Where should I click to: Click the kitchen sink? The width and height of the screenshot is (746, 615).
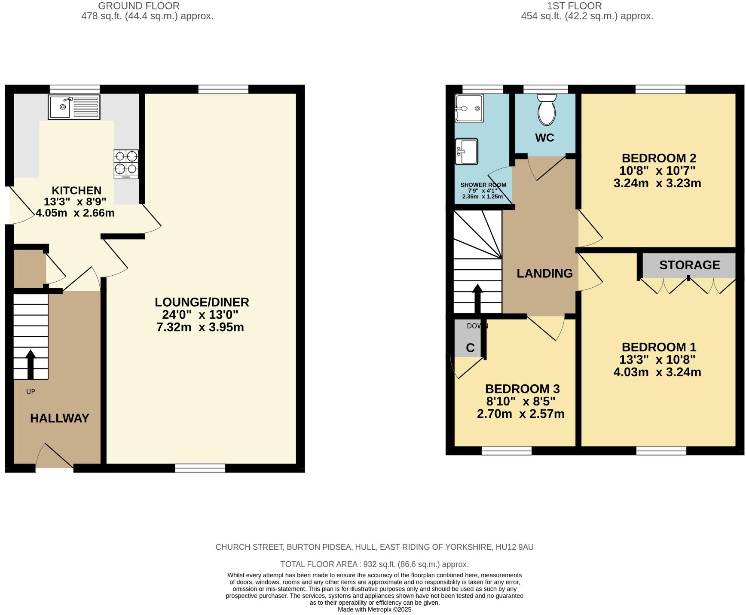point(74,107)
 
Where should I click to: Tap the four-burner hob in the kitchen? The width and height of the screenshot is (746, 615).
point(126,164)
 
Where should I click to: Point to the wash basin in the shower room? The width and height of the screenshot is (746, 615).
point(467,151)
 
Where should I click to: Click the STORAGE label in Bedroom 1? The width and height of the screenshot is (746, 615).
point(689,265)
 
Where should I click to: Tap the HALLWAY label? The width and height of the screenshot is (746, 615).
point(60,418)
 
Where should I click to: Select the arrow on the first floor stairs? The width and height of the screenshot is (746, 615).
point(477,298)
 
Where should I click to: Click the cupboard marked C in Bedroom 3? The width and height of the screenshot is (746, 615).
point(470,347)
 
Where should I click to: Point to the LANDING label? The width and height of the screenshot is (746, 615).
point(544,273)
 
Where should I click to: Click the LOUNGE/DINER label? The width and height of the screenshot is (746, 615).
point(202,302)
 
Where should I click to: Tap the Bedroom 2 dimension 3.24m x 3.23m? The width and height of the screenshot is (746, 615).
point(657,183)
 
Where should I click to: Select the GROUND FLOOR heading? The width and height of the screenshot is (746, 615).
point(138,6)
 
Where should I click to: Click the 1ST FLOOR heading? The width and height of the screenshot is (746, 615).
point(574,6)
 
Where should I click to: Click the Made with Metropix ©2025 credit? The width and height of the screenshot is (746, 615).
point(374,609)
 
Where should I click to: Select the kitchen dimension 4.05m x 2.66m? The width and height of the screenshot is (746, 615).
point(75,213)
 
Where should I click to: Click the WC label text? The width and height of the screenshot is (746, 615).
point(544,138)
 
